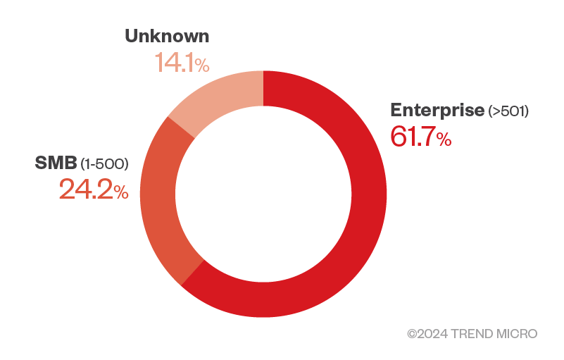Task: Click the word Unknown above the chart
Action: (x=167, y=37)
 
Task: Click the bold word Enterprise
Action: (x=437, y=110)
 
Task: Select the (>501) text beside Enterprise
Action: (x=508, y=111)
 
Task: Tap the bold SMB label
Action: (x=56, y=163)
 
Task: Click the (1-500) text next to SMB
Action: (x=104, y=165)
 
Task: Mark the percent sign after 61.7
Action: (x=444, y=139)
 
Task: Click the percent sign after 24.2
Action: (x=121, y=192)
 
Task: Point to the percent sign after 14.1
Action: (x=202, y=66)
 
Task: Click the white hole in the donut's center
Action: (x=263, y=193)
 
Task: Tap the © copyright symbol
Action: (x=412, y=333)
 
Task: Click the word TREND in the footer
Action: (x=472, y=333)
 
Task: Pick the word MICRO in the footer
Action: (x=517, y=333)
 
